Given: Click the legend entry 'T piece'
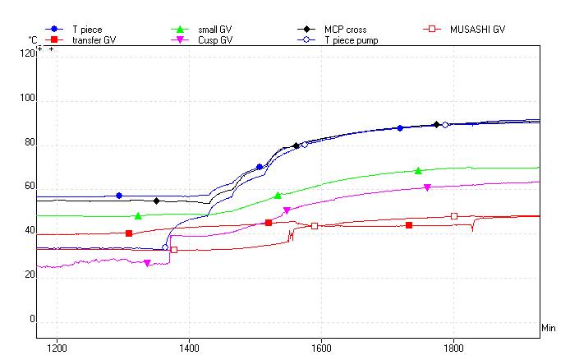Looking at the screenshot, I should click(85, 29).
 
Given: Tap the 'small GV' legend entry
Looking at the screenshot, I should click(215, 29).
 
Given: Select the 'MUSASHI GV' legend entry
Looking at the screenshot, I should click(477, 29).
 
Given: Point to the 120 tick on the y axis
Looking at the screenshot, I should click(28, 53).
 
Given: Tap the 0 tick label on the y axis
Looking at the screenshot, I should click(32, 320).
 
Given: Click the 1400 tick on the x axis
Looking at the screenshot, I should click(189, 347).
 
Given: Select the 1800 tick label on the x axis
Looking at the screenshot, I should click(453, 347).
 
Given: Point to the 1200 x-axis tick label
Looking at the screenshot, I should click(57, 347).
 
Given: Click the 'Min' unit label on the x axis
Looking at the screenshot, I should click(549, 329).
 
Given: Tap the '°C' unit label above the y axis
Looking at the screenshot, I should click(32, 39).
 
